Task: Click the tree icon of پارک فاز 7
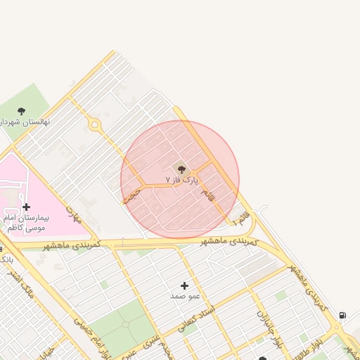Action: point(181,169)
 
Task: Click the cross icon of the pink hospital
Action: point(26,207)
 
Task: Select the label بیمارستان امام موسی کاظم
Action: point(28,224)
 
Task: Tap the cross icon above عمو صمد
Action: point(184,285)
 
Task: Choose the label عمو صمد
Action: point(185,296)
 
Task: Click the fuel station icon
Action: point(342,316)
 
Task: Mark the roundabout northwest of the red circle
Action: point(94,125)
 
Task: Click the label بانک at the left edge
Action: point(5,260)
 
